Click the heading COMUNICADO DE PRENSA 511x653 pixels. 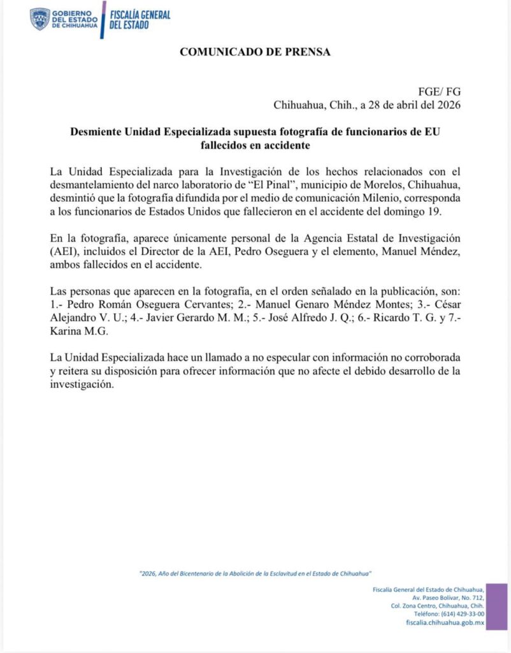point(255,52)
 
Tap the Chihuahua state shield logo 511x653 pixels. point(40,18)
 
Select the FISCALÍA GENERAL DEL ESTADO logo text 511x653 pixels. point(140,20)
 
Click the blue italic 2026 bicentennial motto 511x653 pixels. point(255,573)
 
